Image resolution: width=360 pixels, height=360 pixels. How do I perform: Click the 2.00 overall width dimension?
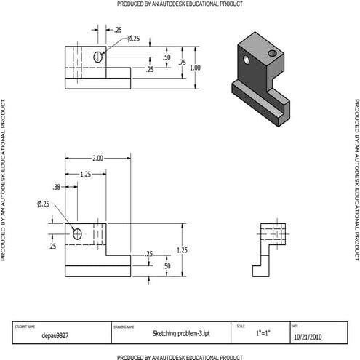pos(97,158)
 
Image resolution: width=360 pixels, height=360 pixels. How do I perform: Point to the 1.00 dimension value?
pos(195,68)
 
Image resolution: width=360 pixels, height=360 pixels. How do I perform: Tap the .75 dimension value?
pos(183,63)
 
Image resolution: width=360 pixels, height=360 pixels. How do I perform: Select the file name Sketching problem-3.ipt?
pos(171,333)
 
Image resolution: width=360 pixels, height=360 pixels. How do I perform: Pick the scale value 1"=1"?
pos(263,333)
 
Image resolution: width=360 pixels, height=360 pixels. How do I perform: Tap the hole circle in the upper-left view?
pos(99,57)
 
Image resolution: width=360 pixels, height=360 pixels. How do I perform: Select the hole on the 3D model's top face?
pos(272,53)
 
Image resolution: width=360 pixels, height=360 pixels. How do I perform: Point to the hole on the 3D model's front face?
pos(248,59)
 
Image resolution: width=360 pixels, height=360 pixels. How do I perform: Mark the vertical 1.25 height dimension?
pos(183,250)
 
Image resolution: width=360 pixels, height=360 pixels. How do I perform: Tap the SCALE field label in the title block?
pos(241,326)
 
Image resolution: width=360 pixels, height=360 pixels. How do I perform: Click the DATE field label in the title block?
pos(295,326)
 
